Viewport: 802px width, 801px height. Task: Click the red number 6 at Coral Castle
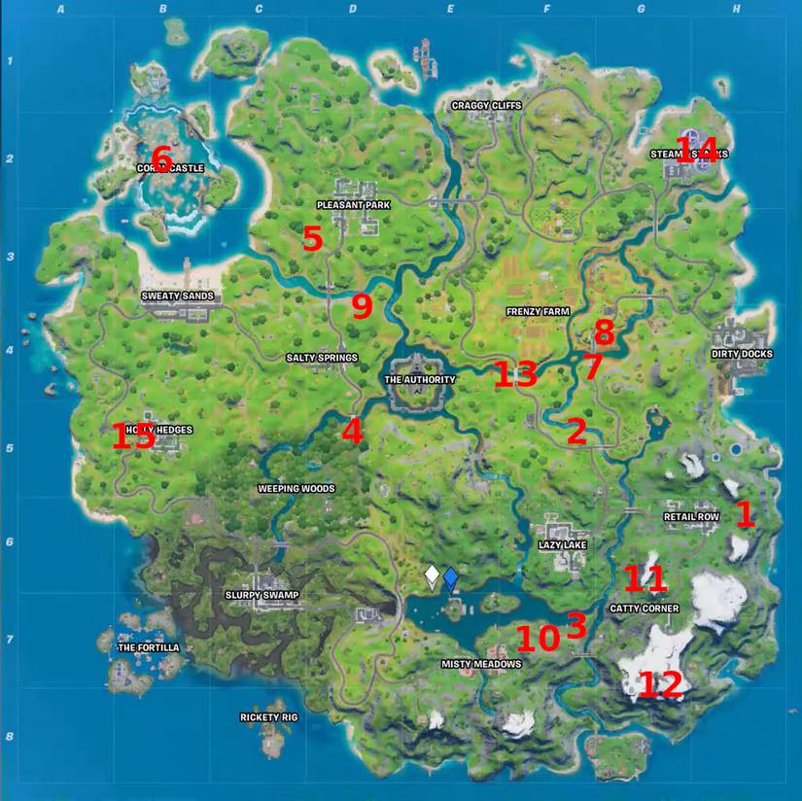tap(161, 157)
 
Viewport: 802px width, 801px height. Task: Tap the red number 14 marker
tap(703, 151)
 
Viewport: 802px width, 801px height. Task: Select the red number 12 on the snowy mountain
tap(660, 685)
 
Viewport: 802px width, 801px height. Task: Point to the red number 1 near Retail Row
tap(745, 514)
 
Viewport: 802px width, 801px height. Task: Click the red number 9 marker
tap(362, 307)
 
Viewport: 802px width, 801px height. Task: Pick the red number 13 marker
tap(515, 374)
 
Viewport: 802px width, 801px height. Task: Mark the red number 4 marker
tap(352, 431)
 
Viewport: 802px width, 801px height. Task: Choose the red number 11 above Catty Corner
tap(645, 579)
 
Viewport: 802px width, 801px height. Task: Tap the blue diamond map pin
tap(451, 578)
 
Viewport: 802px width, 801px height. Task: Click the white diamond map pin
tap(432, 577)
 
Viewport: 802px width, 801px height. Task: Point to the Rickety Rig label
tap(268, 717)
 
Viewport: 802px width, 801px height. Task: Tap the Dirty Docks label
tap(742, 354)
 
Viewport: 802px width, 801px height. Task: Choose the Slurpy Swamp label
tap(262, 595)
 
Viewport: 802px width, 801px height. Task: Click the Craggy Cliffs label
tap(487, 105)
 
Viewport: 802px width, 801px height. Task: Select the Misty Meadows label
tap(481, 664)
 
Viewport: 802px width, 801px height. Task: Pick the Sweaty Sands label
tap(178, 296)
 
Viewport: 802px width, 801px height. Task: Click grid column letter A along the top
tap(61, 10)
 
